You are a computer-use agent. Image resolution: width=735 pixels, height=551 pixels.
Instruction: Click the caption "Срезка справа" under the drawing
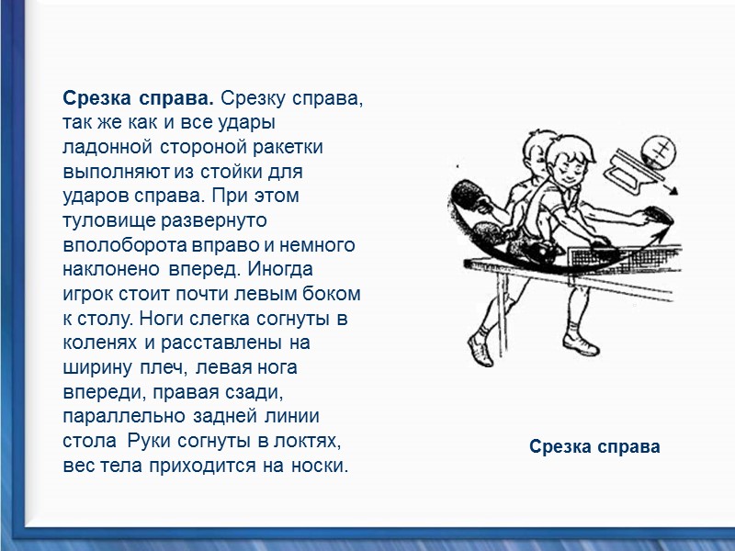(x=594, y=447)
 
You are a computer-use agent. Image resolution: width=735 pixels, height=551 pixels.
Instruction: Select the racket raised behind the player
(x=470, y=195)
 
